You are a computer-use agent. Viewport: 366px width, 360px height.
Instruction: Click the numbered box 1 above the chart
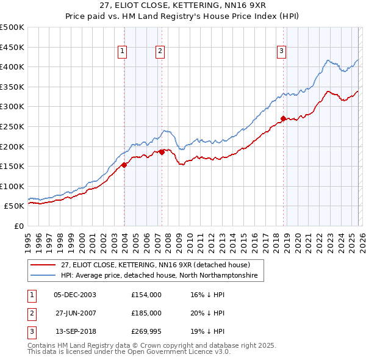123,52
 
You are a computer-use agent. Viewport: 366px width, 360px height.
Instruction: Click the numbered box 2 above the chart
160,52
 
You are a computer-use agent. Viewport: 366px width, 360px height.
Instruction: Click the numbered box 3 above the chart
282,52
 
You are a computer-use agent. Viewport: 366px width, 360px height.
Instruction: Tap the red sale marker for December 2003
124,164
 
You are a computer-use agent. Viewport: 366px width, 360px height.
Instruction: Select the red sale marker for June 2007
162,152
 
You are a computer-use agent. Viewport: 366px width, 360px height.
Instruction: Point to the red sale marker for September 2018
283,118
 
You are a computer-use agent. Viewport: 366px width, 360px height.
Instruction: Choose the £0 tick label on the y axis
18,226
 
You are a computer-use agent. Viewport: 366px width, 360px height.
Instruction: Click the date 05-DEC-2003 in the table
75,294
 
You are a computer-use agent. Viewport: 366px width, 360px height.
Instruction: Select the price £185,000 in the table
146,313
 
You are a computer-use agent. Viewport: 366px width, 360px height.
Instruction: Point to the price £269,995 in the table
146,332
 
